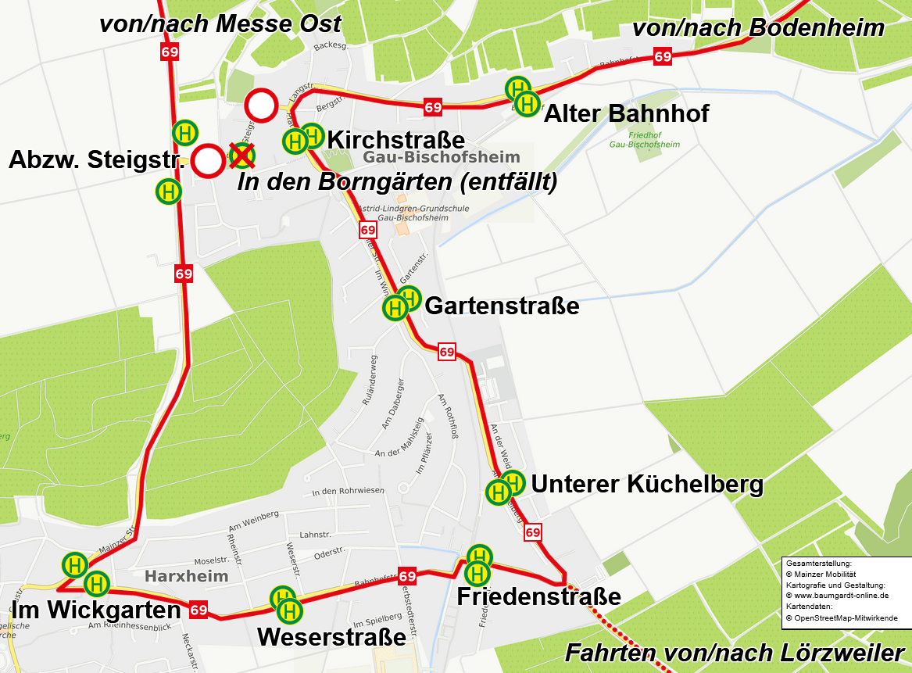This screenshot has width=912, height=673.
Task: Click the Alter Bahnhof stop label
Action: (626, 114)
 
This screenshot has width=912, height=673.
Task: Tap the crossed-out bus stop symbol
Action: (242, 156)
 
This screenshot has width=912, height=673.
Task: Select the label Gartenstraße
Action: (502, 306)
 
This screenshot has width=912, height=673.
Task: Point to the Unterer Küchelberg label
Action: (647, 485)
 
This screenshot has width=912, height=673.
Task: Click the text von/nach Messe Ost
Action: (220, 23)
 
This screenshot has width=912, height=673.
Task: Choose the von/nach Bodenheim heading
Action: (757, 28)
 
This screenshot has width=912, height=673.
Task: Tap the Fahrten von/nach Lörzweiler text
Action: (735, 653)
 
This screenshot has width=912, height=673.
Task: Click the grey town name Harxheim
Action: (187, 577)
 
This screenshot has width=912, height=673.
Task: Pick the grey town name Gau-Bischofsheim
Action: (442, 158)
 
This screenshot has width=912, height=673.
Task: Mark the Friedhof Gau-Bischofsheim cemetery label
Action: (644, 140)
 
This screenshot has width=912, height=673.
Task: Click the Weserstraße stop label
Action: (331, 637)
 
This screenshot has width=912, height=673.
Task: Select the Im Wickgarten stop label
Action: (95, 610)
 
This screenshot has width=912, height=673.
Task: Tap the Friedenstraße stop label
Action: (538, 597)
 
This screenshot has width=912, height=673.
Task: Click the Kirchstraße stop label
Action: (395, 141)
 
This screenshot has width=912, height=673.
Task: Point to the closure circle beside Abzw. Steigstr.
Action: (208, 161)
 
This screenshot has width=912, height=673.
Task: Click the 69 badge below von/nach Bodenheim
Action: (663, 56)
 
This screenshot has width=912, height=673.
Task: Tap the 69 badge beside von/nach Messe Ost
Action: (169, 52)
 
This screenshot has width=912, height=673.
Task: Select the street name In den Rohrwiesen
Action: (348, 491)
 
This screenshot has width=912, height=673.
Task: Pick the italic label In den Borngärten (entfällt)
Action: (397, 183)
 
